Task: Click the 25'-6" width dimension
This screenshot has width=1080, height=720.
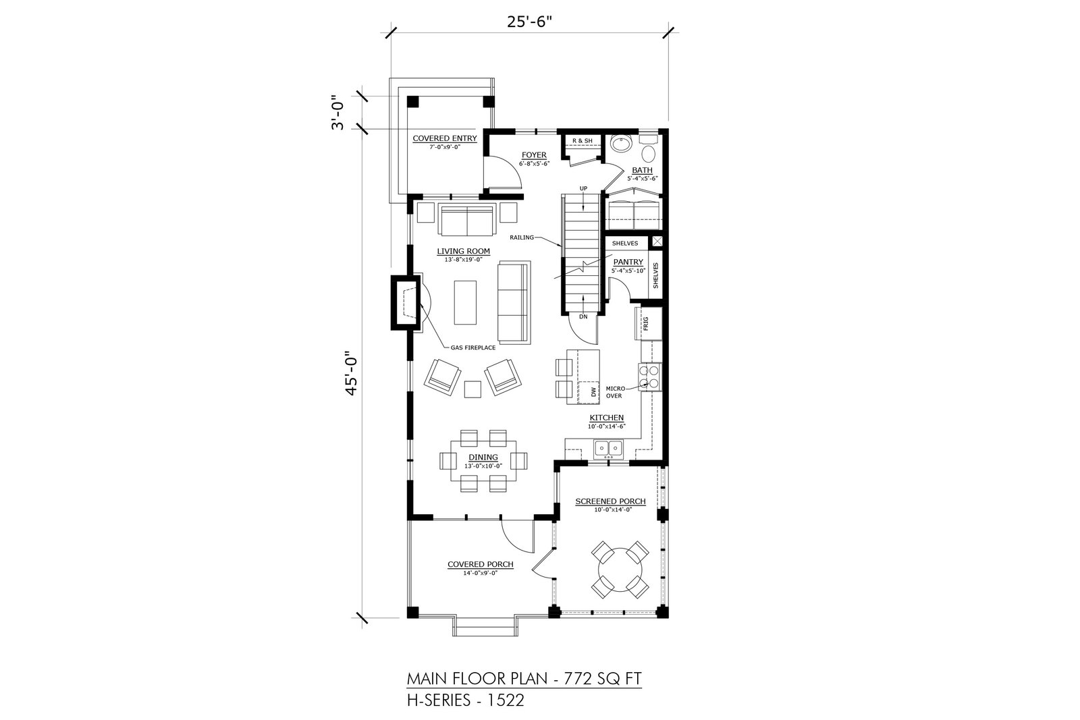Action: coord(529,22)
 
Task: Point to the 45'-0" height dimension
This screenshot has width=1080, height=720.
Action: coord(352,373)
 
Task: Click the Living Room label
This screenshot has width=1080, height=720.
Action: coord(463,251)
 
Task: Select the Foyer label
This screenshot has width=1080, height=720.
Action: coord(534,155)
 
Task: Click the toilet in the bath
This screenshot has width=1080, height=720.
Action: coord(649,150)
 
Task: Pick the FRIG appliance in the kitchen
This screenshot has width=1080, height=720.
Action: coord(646,323)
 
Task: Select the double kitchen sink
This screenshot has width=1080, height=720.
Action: coord(608,449)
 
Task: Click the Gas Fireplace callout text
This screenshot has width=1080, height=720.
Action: coord(473,348)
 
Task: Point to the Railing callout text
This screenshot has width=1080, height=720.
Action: coord(522,238)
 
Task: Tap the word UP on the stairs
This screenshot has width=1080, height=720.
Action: coord(583,188)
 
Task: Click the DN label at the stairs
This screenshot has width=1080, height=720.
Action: coord(583,316)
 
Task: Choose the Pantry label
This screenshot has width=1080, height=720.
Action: coord(628,262)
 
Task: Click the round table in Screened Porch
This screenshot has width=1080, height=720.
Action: coord(620,570)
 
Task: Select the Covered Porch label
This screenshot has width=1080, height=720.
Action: coord(480,564)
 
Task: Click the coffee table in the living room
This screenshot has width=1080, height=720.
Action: coord(465,303)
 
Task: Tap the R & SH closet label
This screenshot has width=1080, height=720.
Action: coord(582,141)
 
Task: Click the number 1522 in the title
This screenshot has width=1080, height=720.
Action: coord(506,700)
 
